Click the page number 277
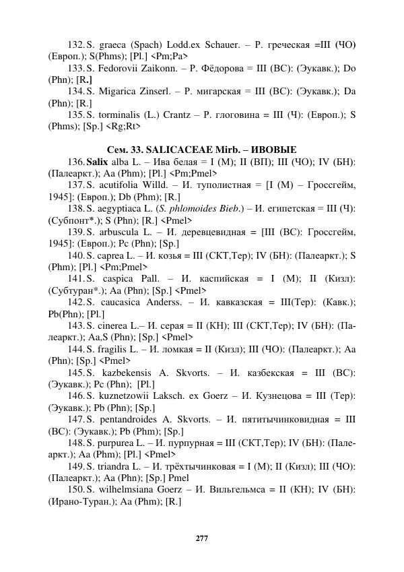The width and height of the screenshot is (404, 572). click(201, 538)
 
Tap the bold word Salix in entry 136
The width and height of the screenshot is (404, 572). click(97, 164)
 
